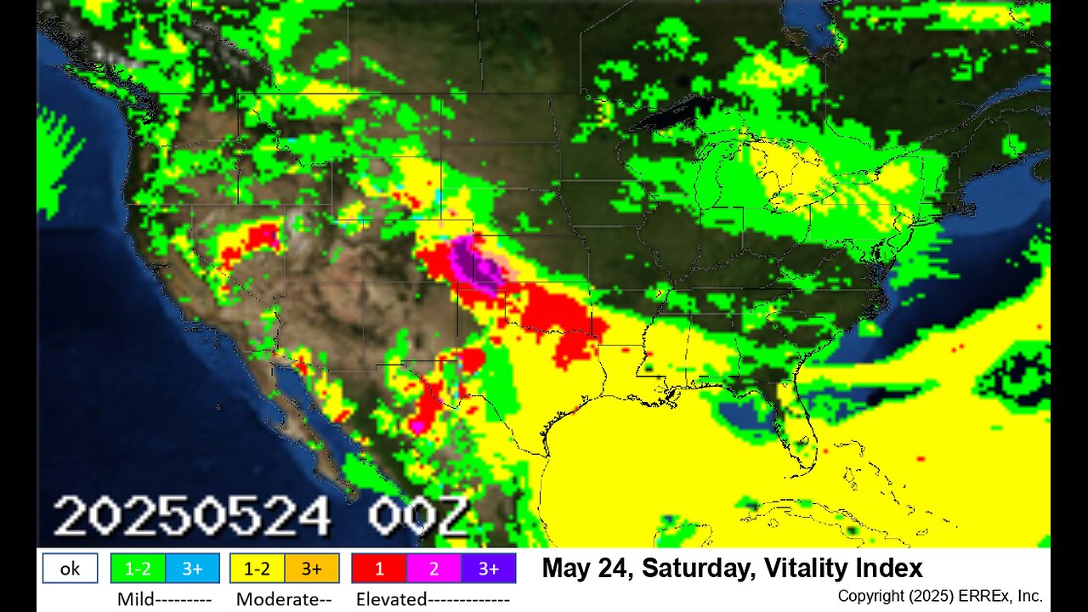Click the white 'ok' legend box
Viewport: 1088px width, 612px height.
click(x=70, y=569)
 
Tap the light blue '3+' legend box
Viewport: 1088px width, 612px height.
click(x=192, y=569)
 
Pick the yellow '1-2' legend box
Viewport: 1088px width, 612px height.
click(x=257, y=569)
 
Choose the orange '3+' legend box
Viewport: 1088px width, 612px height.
click(x=311, y=569)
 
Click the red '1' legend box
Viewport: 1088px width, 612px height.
click(x=379, y=569)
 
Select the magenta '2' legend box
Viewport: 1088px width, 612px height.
click(x=433, y=569)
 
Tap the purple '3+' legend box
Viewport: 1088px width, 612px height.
click(x=488, y=569)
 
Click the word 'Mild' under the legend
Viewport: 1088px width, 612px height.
click(x=136, y=599)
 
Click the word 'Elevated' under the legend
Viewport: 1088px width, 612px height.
click(x=391, y=599)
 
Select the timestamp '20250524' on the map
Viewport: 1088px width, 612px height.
click(x=192, y=516)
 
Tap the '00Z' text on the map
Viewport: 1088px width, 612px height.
click(x=417, y=516)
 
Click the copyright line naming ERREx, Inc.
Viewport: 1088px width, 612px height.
click(x=939, y=596)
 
